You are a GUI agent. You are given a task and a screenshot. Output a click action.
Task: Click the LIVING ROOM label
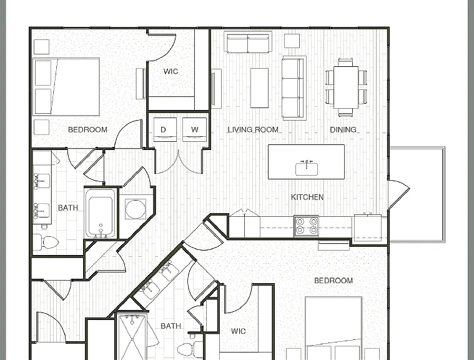tap(253, 130)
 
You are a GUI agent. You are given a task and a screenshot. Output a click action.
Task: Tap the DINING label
tap(343, 130)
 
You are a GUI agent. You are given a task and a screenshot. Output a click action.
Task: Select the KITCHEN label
tap(307, 197)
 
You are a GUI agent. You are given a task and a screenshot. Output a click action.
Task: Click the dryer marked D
tap(165, 129)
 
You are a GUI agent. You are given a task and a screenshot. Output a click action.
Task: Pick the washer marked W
tap(194, 129)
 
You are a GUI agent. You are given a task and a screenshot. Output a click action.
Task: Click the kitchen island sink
tap(307, 168)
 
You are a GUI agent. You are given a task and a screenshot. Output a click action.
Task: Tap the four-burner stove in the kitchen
tap(306, 226)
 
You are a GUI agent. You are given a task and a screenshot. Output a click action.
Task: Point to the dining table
tap(346, 87)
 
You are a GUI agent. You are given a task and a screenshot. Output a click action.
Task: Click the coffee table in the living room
tap(259, 88)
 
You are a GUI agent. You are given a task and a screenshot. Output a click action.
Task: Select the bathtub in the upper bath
tap(101, 213)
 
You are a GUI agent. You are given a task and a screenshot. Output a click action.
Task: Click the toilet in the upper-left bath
tap(46, 242)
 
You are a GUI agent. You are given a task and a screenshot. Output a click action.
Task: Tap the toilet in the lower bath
tap(190, 349)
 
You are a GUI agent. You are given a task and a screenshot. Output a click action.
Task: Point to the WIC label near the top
tap(170, 71)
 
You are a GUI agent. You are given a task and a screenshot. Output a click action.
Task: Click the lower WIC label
tap(238, 331)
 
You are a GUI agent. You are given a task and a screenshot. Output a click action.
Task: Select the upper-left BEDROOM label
tap(87, 130)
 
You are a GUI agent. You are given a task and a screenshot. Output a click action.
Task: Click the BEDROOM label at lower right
tap(333, 281)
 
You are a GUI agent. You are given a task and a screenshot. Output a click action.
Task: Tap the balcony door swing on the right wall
tap(399, 194)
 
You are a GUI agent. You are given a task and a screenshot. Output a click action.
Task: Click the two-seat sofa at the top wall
tap(248, 42)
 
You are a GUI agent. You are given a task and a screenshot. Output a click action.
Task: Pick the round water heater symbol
tap(135, 209)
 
